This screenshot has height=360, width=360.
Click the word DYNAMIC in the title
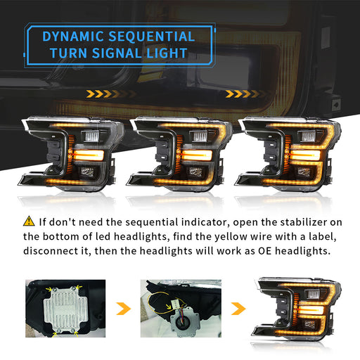73,37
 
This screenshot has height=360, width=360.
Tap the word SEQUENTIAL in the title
152,37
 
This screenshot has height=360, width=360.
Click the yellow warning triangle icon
29,221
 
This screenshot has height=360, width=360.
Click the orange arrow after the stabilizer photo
123,309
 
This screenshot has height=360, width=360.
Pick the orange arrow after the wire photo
238,309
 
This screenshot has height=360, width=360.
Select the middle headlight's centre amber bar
197,155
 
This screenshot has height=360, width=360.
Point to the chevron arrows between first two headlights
110,94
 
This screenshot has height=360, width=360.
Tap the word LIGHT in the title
167,53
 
